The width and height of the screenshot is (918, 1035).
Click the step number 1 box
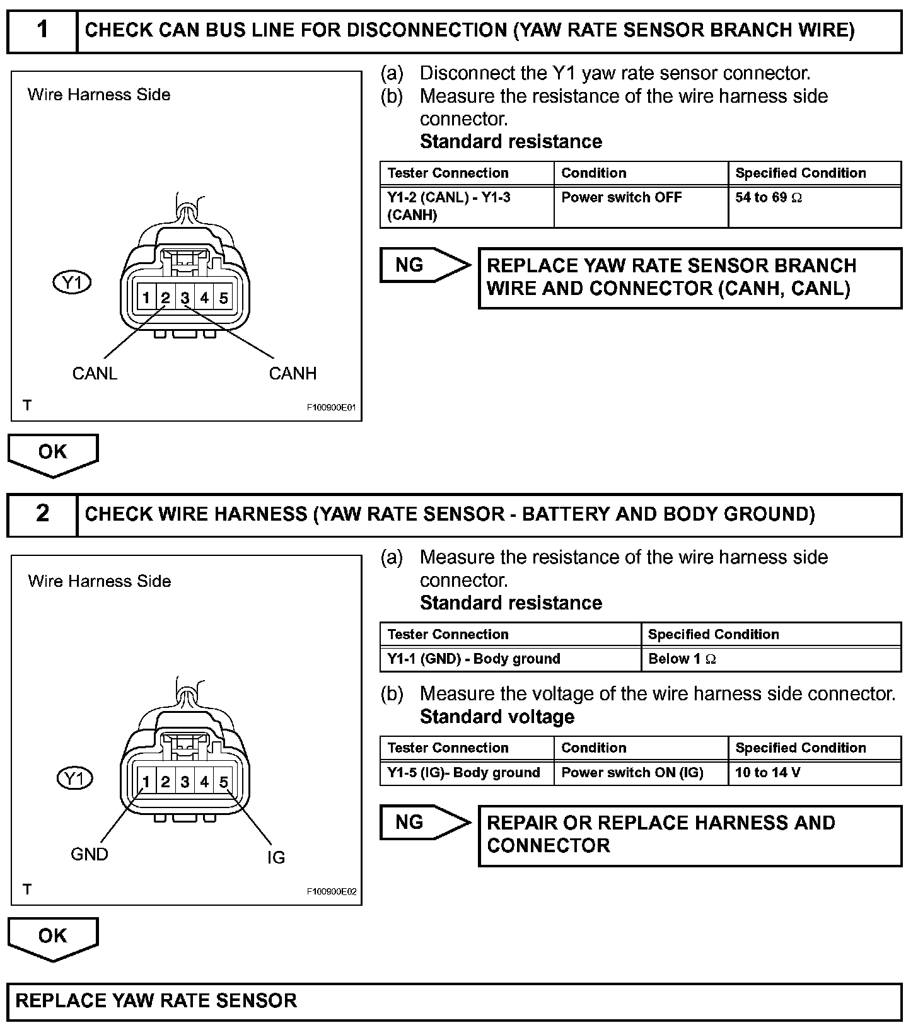point(42,30)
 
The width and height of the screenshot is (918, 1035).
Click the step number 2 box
point(42,514)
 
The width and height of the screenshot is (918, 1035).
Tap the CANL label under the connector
point(95,374)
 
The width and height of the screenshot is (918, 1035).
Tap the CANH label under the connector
point(293,374)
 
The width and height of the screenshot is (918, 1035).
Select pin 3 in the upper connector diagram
point(185,298)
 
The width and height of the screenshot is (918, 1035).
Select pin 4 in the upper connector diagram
point(204,298)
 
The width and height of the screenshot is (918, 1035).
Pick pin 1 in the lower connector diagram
point(146,783)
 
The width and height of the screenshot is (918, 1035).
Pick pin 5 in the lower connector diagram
point(224,783)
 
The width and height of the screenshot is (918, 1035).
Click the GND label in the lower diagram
point(90,855)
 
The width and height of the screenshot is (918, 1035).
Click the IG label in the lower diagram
point(276,858)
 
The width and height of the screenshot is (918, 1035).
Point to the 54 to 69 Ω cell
point(814,206)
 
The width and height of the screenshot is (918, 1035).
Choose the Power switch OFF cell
point(641,206)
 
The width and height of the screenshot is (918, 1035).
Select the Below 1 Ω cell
point(770,659)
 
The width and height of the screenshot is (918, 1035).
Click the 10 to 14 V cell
point(814,773)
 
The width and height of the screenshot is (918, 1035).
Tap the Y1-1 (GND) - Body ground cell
point(510,659)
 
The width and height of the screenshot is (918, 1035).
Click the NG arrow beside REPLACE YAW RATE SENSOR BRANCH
point(424,265)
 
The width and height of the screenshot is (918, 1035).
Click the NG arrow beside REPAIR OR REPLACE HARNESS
point(424,823)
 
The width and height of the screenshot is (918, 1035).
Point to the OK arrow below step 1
point(53,454)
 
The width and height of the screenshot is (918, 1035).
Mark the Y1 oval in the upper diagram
point(72,283)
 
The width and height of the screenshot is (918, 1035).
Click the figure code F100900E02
point(332,892)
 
